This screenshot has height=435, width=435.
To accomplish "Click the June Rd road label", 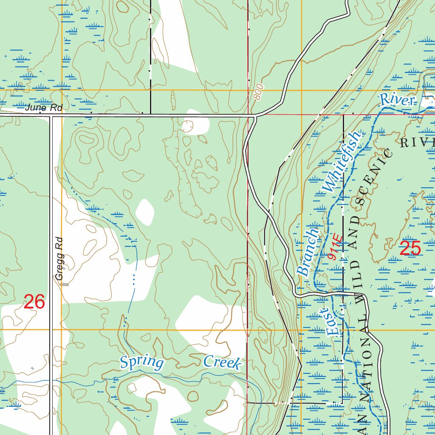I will click(43, 108).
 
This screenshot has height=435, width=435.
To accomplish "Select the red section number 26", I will click(34, 302).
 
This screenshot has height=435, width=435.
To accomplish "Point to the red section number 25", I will click(410, 249).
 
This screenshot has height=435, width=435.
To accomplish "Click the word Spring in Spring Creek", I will click(141, 363).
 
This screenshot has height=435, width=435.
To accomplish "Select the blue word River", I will click(397, 100).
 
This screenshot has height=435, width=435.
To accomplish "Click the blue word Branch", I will click(308, 251).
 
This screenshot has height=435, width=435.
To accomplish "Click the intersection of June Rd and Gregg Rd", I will click(51, 115).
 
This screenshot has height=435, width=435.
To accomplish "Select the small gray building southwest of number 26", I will click(32, 368).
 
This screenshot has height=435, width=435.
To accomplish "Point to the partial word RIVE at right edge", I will click(418, 142).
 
